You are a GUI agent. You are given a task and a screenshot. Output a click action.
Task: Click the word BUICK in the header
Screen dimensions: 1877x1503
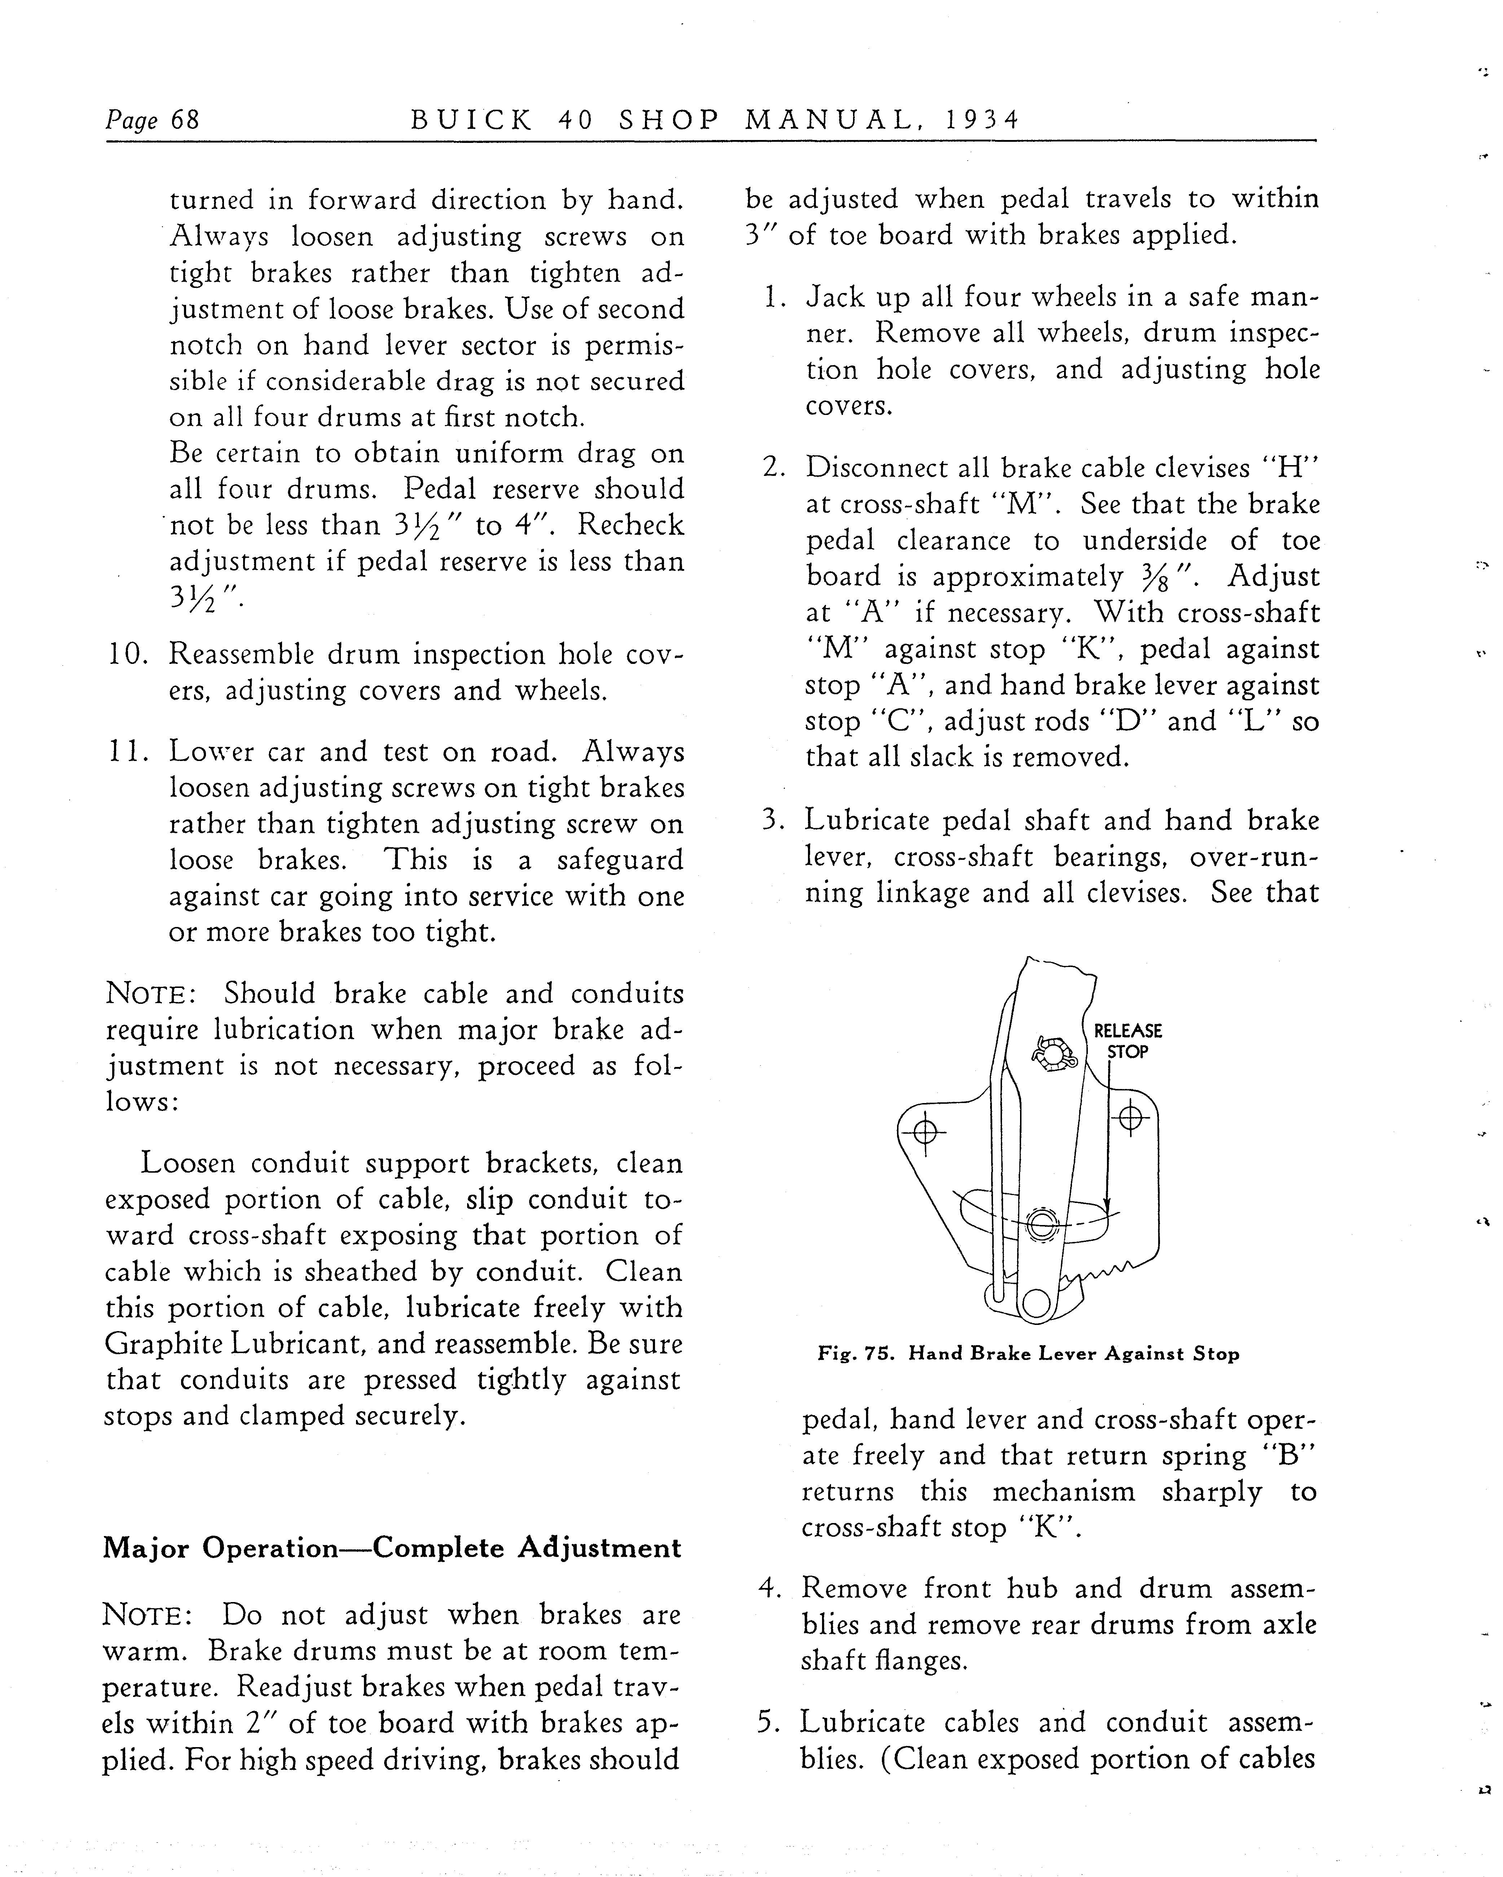[x=471, y=119]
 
